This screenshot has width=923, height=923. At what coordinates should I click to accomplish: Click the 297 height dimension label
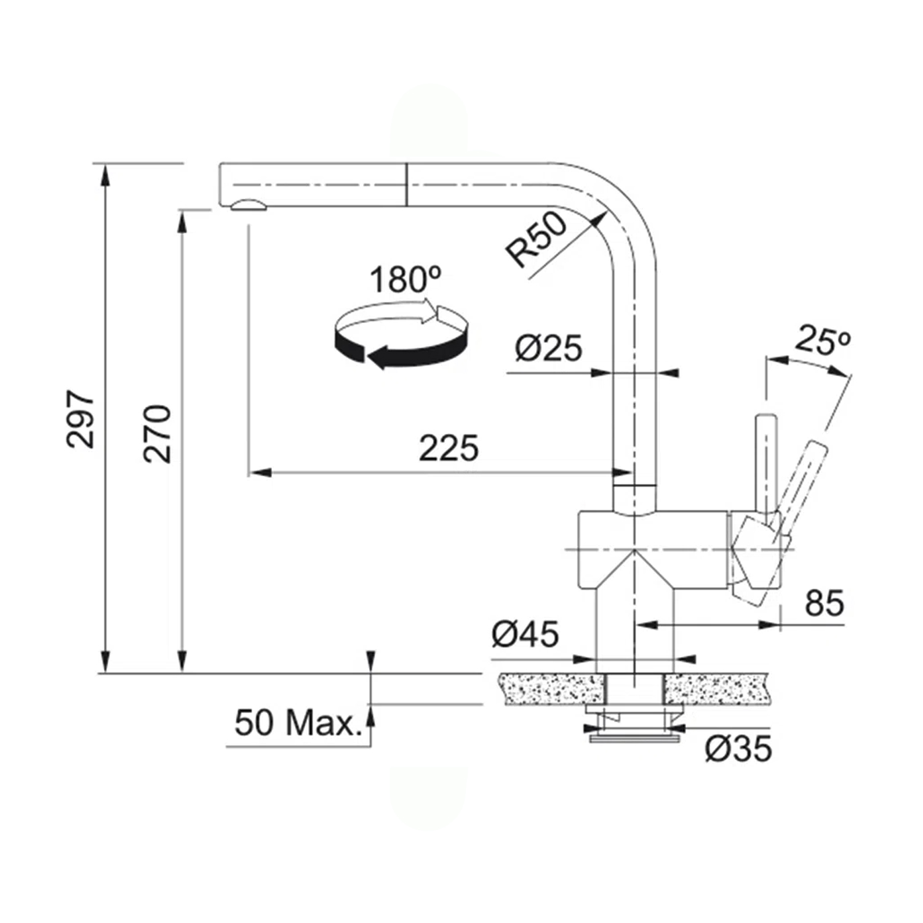(x=82, y=418)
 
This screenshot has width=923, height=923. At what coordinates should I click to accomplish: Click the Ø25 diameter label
(x=548, y=348)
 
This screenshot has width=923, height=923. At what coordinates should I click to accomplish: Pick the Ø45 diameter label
(x=525, y=634)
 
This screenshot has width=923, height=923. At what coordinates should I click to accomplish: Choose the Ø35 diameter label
(x=738, y=748)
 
